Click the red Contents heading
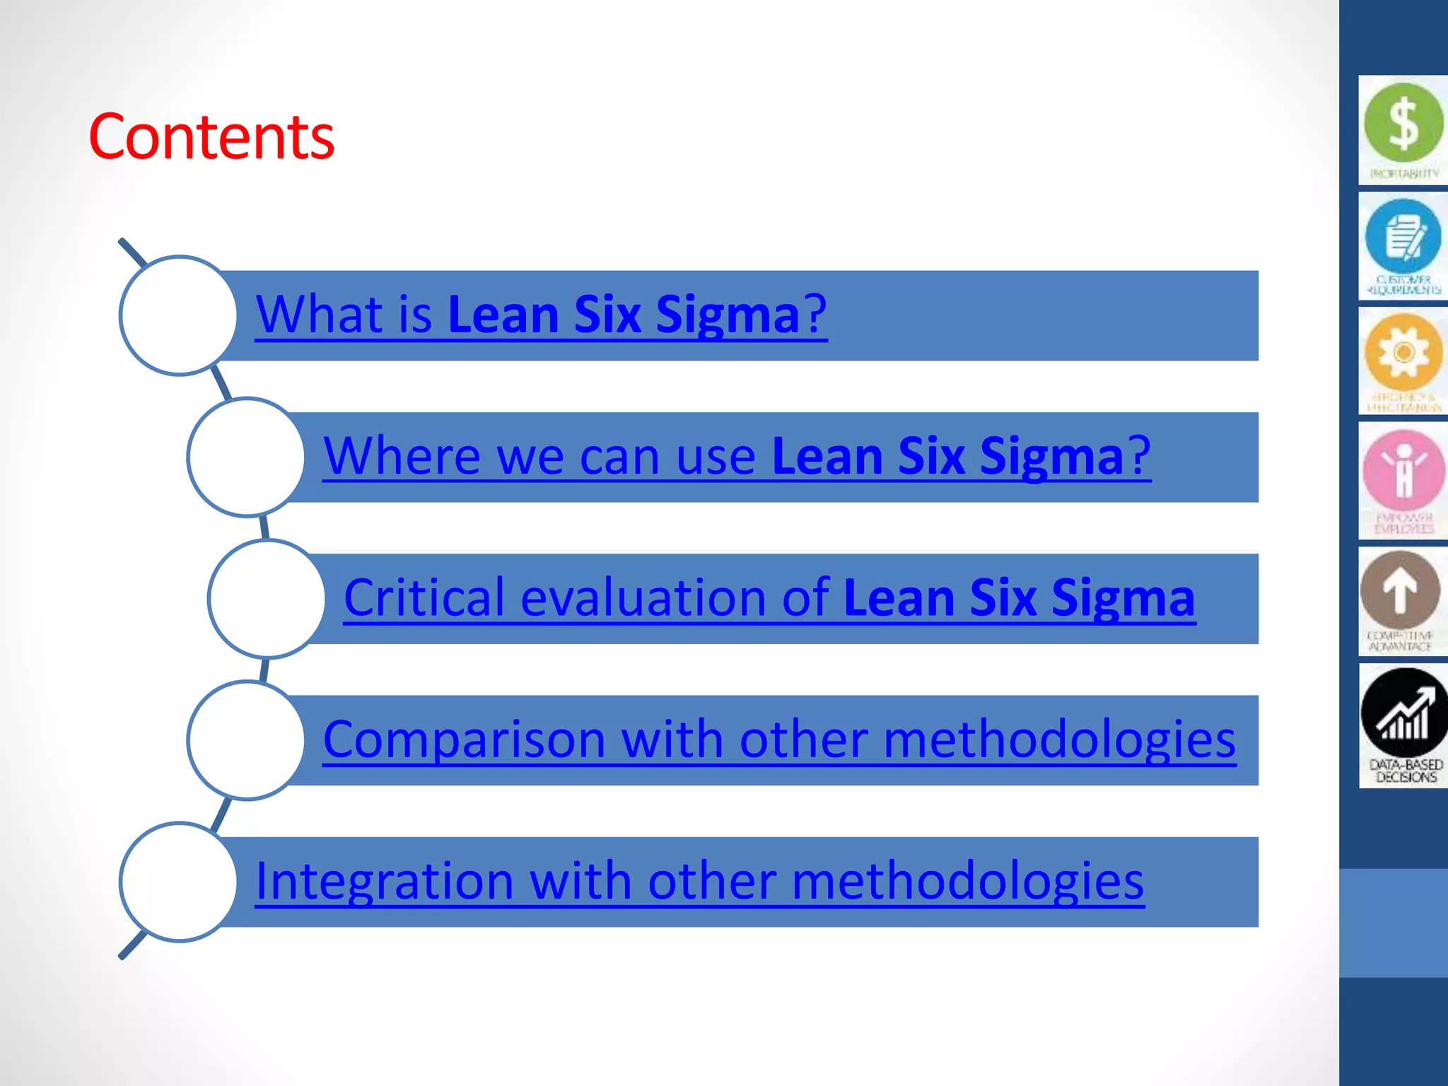[211, 136]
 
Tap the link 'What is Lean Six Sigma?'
[541, 315]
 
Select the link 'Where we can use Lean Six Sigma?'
[737, 456]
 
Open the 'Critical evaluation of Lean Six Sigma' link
[769, 598]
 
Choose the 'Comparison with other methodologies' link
[779, 740]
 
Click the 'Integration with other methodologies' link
[699, 882]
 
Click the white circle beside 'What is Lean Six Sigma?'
[179, 315]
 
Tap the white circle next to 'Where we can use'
[247, 457]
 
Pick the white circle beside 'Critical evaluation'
[267, 599]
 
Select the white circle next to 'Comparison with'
[247, 740]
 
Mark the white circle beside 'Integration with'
[179, 882]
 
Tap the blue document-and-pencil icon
[1403, 237]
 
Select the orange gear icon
[1403, 352]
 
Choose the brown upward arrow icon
[1401, 589]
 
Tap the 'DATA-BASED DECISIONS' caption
[1406, 771]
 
